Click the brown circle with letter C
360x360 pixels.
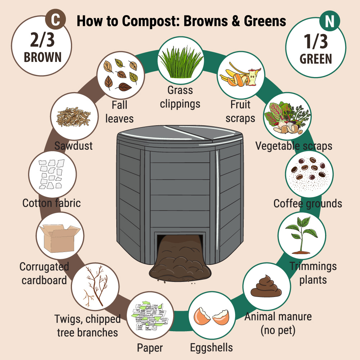click(55, 19)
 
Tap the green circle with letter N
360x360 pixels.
click(330, 21)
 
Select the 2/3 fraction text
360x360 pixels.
click(42, 40)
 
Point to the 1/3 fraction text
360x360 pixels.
click(316, 41)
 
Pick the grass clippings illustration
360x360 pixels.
click(181, 62)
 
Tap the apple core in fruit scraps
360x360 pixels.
click(253, 77)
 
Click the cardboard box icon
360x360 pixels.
click(60, 238)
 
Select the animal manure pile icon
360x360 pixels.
click(266, 286)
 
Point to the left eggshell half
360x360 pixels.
click(202, 316)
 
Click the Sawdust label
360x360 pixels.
click(73, 146)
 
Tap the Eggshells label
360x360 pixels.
click(211, 348)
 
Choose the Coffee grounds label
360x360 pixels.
click(308, 204)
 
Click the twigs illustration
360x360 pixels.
click(95, 286)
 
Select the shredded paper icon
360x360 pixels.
click(150, 316)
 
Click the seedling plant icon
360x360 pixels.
click(301, 236)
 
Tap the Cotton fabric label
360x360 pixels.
click(51, 203)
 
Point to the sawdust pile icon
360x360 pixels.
click(73, 117)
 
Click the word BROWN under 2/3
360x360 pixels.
click(43, 57)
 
